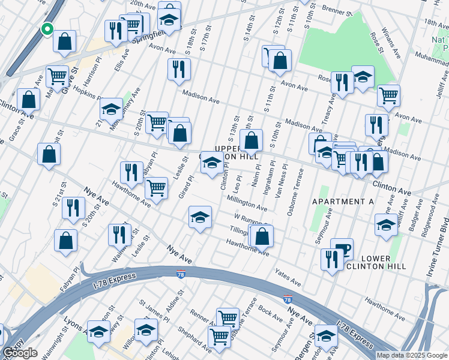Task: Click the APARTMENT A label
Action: coord(343,202)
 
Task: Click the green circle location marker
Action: coord(47,28)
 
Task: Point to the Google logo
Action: coord(20,353)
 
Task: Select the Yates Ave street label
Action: coord(288,277)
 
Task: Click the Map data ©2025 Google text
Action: coord(412,355)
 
